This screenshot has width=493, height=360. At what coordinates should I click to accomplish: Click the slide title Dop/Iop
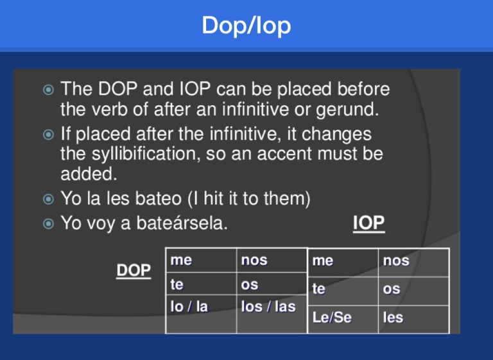[246, 26]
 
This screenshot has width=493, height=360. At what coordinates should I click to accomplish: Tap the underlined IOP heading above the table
[368, 223]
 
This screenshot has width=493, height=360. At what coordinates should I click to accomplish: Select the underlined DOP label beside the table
[134, 270]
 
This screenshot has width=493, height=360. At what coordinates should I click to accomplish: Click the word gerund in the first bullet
[347, 110]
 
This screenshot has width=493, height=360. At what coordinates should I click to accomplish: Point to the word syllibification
[146, 154]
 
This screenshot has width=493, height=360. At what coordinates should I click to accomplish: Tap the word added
[89, 173]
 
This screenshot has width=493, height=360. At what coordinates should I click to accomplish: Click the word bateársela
[182, 223]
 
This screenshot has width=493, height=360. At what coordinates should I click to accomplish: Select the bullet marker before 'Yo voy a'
[48, 223]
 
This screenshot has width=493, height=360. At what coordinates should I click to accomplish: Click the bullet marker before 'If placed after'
[48, 135]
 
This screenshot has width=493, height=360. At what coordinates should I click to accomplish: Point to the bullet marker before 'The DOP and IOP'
[48, 90]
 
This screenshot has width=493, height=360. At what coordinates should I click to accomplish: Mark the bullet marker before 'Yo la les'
[48, 199]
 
